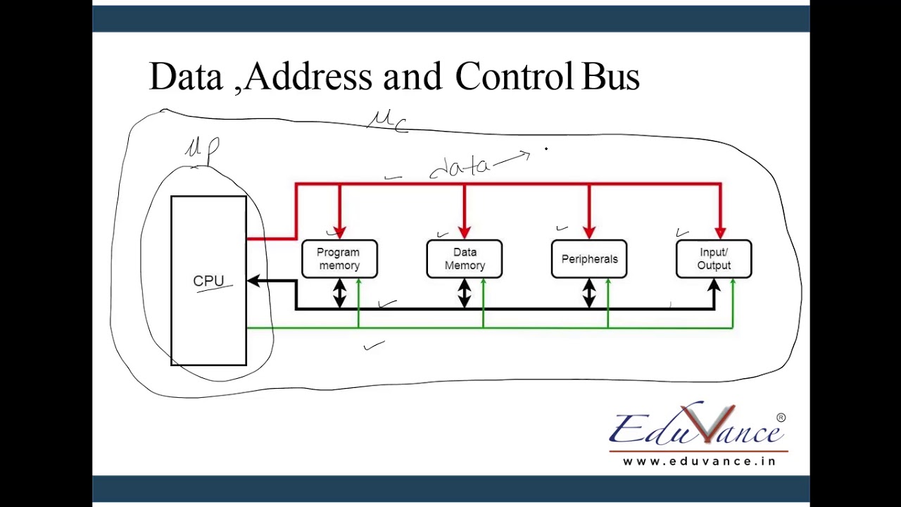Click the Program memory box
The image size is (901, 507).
(x=339, y=259)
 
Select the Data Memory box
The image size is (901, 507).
(x=465, y=259)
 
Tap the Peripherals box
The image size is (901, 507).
(x=589, y=259)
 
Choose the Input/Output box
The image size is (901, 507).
(x=714, y=259)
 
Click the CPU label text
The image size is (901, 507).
(x=208, y=280)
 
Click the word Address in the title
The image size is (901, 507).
(x=308, y=76)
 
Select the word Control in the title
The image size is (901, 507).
(x=514, y=76)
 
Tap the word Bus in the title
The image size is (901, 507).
(x=610, y=76)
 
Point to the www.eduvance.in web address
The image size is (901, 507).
(x=699, y=461)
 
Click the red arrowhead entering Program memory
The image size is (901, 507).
(x=339, y=232)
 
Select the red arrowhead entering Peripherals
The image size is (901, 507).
(x=589, y=232)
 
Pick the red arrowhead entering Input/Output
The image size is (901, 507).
(x=720, y=232)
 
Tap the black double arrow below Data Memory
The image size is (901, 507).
(x=464, y=293)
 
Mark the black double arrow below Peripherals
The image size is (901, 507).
(x=588, y=293)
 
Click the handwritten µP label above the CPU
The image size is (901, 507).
(x=202, y=149)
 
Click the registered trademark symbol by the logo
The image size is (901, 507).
(x=781, y=418)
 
